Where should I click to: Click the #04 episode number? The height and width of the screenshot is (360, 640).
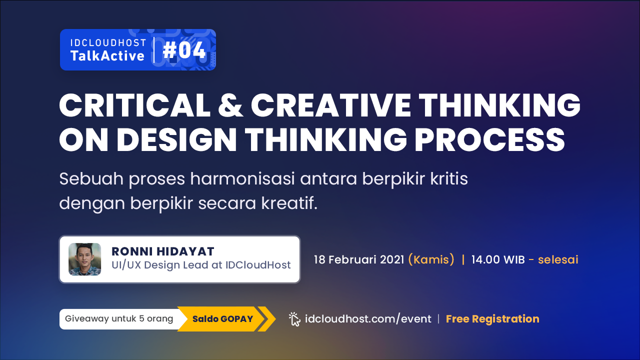pyautogui.click(x=184, y=50)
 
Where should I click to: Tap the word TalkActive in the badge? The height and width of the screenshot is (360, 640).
pyautogui.click(x=107, y=55)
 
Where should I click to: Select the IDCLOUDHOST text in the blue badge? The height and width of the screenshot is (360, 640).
pyautogui.click(x=108, y=43)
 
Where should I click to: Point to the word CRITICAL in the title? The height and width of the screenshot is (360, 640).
pyautogui.click(x=135, y=105)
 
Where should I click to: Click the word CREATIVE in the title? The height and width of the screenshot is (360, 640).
pyautogui.click(x=331, y=105)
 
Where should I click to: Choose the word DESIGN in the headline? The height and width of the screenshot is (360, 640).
pyautogui.click(x=176, y=139)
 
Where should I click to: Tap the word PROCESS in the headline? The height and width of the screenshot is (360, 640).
pyautogui.click(x=489, y=139)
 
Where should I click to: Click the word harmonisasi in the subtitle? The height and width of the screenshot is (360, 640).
pyautogui.click(x=242, y=178)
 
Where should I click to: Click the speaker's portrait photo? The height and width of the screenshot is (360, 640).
pyautogui.click(x=85, y=259)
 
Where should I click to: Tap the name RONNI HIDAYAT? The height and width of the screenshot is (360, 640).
pyautogui.click(x=163, y=251)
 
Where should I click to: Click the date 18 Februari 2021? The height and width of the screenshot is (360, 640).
pyautogui.click(x=359, y=259)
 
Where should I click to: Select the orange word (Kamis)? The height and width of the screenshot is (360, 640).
pyautogui.click(x=431, y=259)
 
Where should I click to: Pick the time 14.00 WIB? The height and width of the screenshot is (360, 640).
pyautogui.click(x=498, y=259)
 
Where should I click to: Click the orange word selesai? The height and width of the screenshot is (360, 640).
pyautogui.click(x=558, y=259)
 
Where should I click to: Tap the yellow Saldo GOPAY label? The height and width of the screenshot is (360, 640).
pyautogui.click(x=222, y=319)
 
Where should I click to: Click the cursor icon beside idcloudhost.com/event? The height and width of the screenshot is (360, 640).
pyautogui.click(x=294, y=319)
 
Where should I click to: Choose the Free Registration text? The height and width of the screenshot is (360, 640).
pyautogui.click(x=492, y=319)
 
